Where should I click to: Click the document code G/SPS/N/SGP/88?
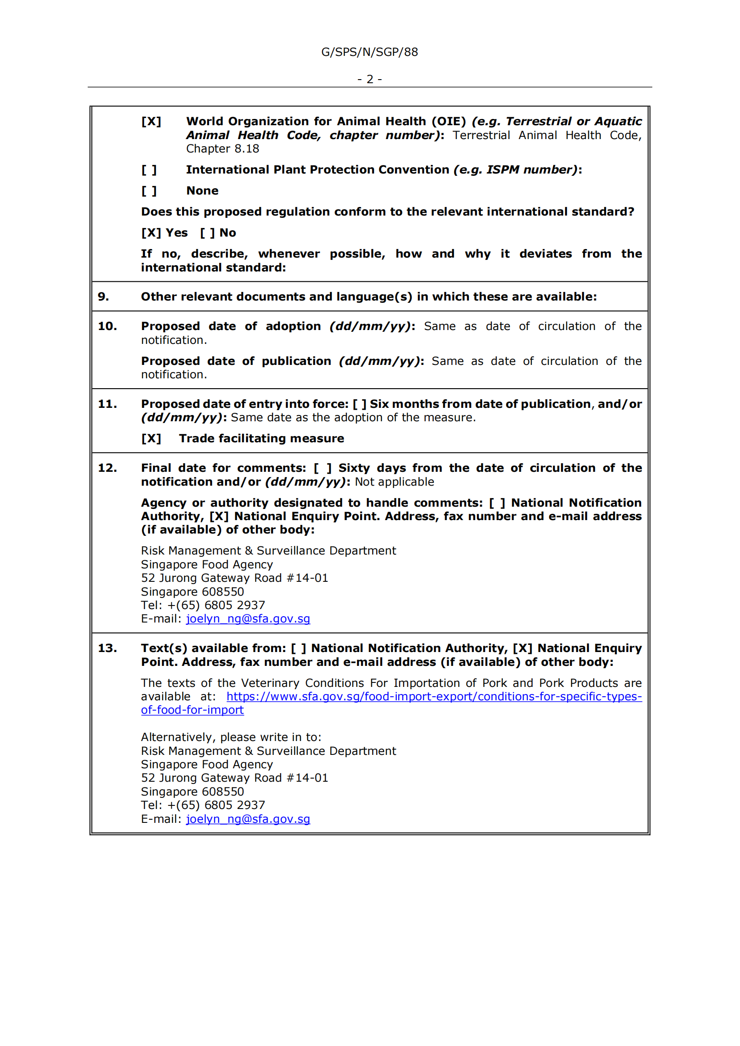click(370, 52)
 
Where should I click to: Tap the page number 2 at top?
click(370, 79)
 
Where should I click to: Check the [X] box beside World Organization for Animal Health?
click(151, 122)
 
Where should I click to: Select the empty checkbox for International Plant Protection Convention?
click(149, 170)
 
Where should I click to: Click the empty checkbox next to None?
click(149, 191)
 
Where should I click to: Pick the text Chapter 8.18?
click(222, 149)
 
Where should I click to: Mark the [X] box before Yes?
click(151, 233)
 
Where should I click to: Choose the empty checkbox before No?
click(208, 233)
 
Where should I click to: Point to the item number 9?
click(103, 296)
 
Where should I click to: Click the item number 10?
click(107, 326)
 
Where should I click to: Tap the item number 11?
click(107, 404)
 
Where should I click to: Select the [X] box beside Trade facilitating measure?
click(151, 439)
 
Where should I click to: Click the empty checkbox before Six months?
click(360, 404)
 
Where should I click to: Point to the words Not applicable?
click(394, 482)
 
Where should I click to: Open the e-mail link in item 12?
click(248, 619)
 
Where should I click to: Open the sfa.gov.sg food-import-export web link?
click(434, 697)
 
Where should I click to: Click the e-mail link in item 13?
click(248, 819)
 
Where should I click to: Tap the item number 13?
click(107, 648)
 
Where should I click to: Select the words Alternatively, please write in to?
click(231, 737)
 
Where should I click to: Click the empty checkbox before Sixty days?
click(323, 468)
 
